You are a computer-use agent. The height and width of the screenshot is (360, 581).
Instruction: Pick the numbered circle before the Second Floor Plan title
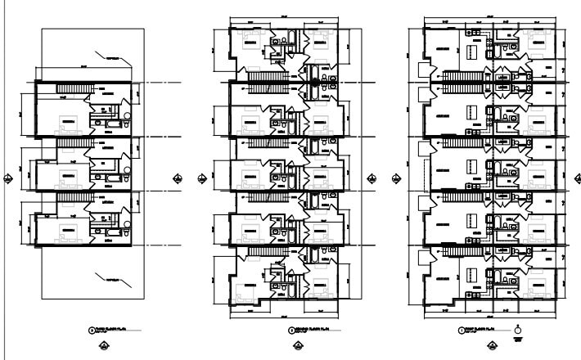click(x=293, y=331)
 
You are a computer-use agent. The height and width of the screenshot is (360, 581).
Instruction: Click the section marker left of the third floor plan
click(x=7, y=178)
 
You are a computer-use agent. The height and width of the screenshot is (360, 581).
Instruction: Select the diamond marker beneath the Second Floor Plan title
click(x=297, y=346)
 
